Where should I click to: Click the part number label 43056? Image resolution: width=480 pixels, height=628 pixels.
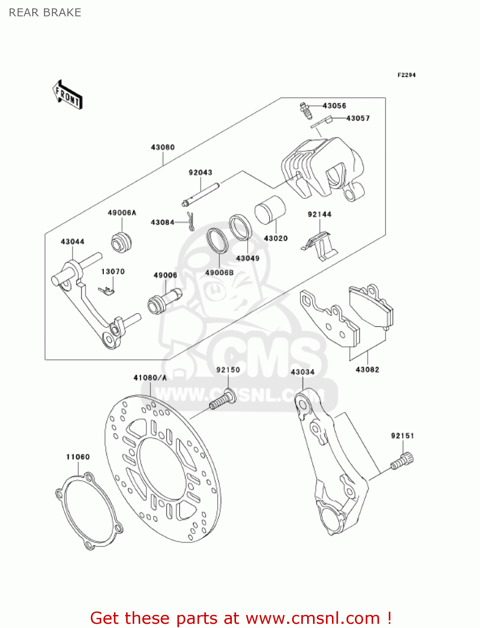coord(334,106)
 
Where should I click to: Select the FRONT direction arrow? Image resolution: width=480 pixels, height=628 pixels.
coord(67,95)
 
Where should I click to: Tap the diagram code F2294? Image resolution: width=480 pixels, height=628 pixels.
coord(406,75)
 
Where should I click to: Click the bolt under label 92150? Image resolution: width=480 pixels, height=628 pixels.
coord(223,399)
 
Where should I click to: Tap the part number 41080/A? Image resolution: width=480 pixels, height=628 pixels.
coord(150,378)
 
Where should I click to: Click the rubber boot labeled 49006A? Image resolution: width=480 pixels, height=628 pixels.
coord(121,242)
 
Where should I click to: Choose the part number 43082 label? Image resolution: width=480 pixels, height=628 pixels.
coord(367,370)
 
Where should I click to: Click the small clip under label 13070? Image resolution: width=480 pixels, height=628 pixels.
coord(107,291)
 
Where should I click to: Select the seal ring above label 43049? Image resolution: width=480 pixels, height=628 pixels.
coord(240,227)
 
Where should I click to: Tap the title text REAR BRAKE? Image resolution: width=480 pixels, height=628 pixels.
coord(45,13)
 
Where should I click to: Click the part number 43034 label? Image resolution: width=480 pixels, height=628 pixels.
coord(303,372)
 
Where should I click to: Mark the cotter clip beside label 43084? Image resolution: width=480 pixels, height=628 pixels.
coord(191,221)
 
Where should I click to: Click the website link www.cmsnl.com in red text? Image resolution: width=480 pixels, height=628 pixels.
coord(312,618)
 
